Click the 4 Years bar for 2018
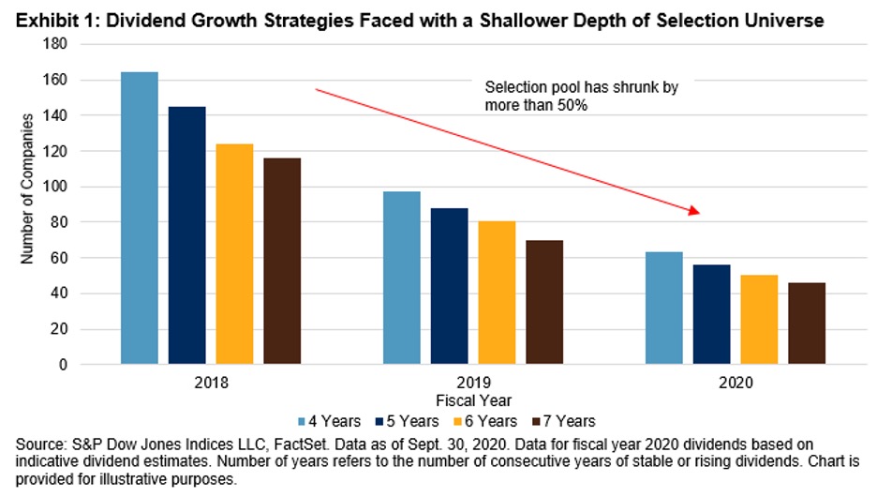coord(140,218)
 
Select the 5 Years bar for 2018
coord(186,235)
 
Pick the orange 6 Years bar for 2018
coord(234,254)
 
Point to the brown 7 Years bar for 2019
coord(543,302)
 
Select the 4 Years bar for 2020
coord(663,308)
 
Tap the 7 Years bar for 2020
coord(806,324)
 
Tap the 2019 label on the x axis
coord(472,384)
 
